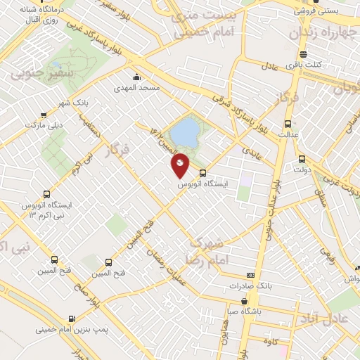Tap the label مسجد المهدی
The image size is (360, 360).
click(138, 89)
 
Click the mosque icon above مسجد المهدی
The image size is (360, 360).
click(136, 77)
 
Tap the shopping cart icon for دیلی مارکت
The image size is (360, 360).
click(45, 115)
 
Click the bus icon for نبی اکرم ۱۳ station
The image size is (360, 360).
click(47, 193)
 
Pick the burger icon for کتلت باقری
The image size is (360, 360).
click(303, 54)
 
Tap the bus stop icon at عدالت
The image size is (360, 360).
click(285, 121)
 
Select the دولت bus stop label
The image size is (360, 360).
click(302, 169)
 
